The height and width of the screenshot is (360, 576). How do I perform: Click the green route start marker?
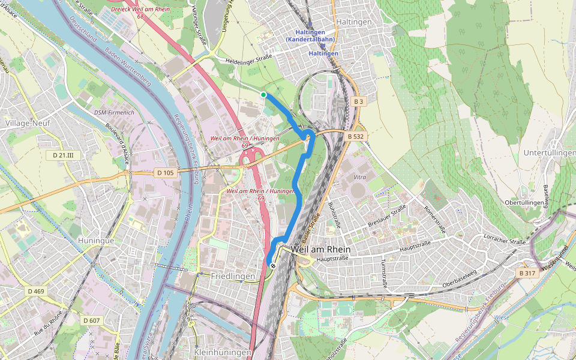[263, 95]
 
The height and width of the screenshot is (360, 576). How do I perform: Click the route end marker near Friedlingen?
[273, 265]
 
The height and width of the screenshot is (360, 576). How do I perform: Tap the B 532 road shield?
[356, 137]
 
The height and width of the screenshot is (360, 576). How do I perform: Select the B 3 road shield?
[359, 102]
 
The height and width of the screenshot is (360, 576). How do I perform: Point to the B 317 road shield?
[527, 273]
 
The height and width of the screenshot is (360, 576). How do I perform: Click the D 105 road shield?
[165, 173]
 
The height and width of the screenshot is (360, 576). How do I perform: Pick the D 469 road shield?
[35, 291]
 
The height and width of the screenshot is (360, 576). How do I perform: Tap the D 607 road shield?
[91, 320]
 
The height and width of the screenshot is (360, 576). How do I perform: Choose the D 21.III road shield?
[62, 155]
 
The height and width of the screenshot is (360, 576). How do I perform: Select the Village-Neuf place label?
[28, 123]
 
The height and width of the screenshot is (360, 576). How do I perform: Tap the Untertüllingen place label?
[549, 153]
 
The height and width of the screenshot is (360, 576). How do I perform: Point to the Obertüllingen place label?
[524, 203]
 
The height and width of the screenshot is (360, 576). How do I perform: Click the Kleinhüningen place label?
[221, 351]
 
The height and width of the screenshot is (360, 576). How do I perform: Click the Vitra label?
[360, 177]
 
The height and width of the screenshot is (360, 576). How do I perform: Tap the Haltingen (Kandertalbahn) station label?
[310, 35]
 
